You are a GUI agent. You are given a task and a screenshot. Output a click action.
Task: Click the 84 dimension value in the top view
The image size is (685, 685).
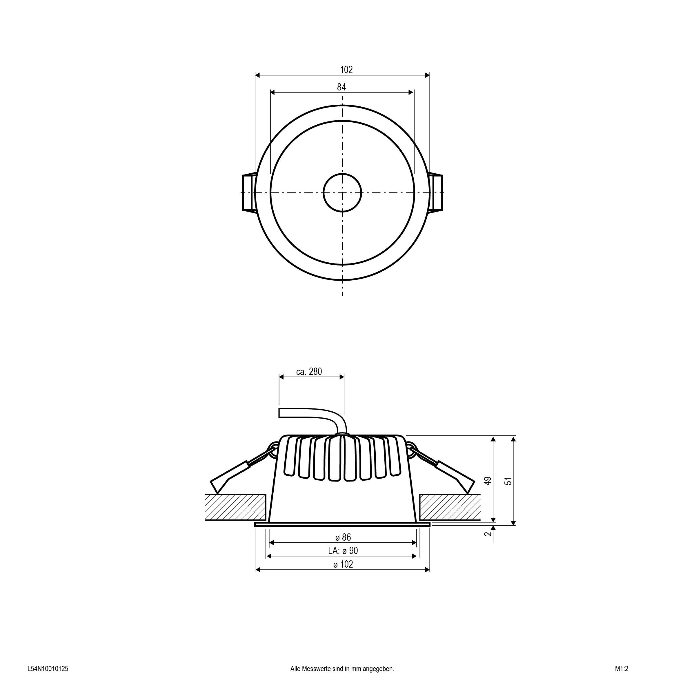coord(341,87)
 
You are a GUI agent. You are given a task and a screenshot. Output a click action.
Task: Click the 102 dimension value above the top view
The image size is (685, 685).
coord(346,70)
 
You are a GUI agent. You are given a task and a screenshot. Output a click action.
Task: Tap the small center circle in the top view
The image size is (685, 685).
coord(342,192)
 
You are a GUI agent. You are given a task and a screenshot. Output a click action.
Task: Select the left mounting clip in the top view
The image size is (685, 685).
coord(249,192)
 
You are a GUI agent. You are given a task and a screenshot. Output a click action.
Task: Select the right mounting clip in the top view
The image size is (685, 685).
coord(436,192)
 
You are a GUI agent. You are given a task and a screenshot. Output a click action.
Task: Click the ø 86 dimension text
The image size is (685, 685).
coord(343,537)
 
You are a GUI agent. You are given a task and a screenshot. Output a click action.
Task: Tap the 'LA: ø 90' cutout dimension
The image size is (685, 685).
coord(343,550)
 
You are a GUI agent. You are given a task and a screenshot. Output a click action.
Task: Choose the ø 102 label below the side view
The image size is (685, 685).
coord(343,564)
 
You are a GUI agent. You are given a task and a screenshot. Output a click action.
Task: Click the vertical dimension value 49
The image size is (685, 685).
coord(488,481)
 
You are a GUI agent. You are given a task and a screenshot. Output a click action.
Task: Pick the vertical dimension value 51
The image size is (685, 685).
coord(508,481)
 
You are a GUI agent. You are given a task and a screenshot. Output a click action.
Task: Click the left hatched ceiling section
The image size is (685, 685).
coord(235,507)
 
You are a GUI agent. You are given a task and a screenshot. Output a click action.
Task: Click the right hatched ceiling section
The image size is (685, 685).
coord(450,507)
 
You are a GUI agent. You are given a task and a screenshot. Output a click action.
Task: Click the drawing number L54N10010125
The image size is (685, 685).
coord(48,669)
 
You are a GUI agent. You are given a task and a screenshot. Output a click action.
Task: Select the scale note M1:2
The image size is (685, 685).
coord(622,669)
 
